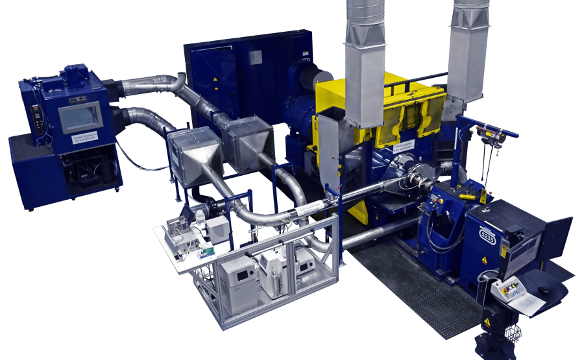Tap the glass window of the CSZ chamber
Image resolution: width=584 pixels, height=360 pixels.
pyautogui.click(x=80, y=117)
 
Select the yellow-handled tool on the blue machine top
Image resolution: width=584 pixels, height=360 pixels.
pyautogui.click(x=468, y=194)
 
